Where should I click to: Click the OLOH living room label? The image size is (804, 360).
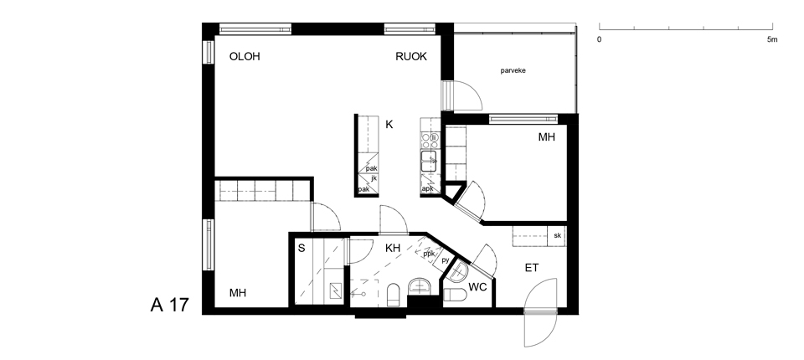point(245,57)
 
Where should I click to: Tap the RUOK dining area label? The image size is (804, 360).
point(411,57)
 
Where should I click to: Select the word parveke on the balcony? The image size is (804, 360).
point(518,72)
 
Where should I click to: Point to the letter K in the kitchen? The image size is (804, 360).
point(389,125)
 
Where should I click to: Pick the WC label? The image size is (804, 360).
point(478,287)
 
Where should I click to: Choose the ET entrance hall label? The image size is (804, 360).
point(531,268)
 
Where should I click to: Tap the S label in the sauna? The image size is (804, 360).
point(301,249)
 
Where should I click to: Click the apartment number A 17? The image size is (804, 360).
point(169,305)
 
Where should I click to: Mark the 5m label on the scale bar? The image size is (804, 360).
point(771,39)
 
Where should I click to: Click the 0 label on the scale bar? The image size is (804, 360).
point(600,39)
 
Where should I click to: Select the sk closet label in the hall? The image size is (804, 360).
point(557,236)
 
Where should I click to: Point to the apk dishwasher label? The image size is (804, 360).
point(427,188)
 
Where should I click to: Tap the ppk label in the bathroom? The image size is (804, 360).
point(429,253)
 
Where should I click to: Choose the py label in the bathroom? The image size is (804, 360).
point(445,261)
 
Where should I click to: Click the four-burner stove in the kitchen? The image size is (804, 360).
point(430,139)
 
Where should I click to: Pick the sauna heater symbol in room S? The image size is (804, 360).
point(335,291)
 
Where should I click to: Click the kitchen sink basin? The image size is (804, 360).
point(429,161)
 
